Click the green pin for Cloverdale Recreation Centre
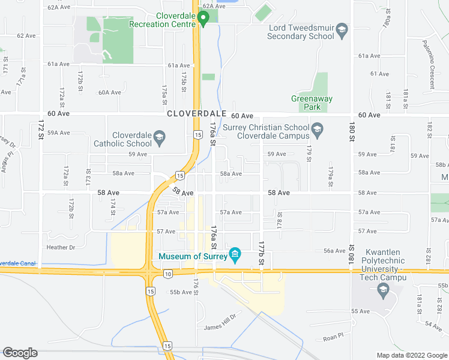pyautogui.click(x=203, y=20)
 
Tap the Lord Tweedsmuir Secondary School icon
pyautogui.click(x=342, y=29)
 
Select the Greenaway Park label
pyautogui.click(x=312, y=103)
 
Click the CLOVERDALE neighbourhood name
pyautogui.click(x=196, y=113)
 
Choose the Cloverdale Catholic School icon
pyautogui.click(x=159, y=137)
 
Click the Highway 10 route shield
pyautogui.click(x=167, y=274)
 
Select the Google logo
pyautogui.click(x=20, y=353)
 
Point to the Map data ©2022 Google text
pyautogui.click(x=411, y=355)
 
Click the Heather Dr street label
pyautogui.click(x=60, y=247)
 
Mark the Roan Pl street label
pyautogui.click(x=332, y=338)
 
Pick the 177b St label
pyautogui.click(x=261, y=254)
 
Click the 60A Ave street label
pyautogui.click(x=110, y=92)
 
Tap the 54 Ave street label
pyautogui.click(x=433, y=324)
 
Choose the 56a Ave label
pyautogui.click(x=334, y=251)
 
